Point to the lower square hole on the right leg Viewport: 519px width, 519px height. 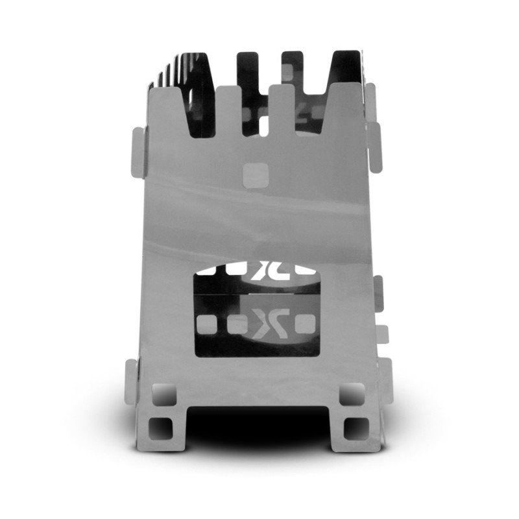[355, 428]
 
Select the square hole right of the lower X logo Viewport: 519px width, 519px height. [302, 322]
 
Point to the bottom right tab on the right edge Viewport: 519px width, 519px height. [383, 376]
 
